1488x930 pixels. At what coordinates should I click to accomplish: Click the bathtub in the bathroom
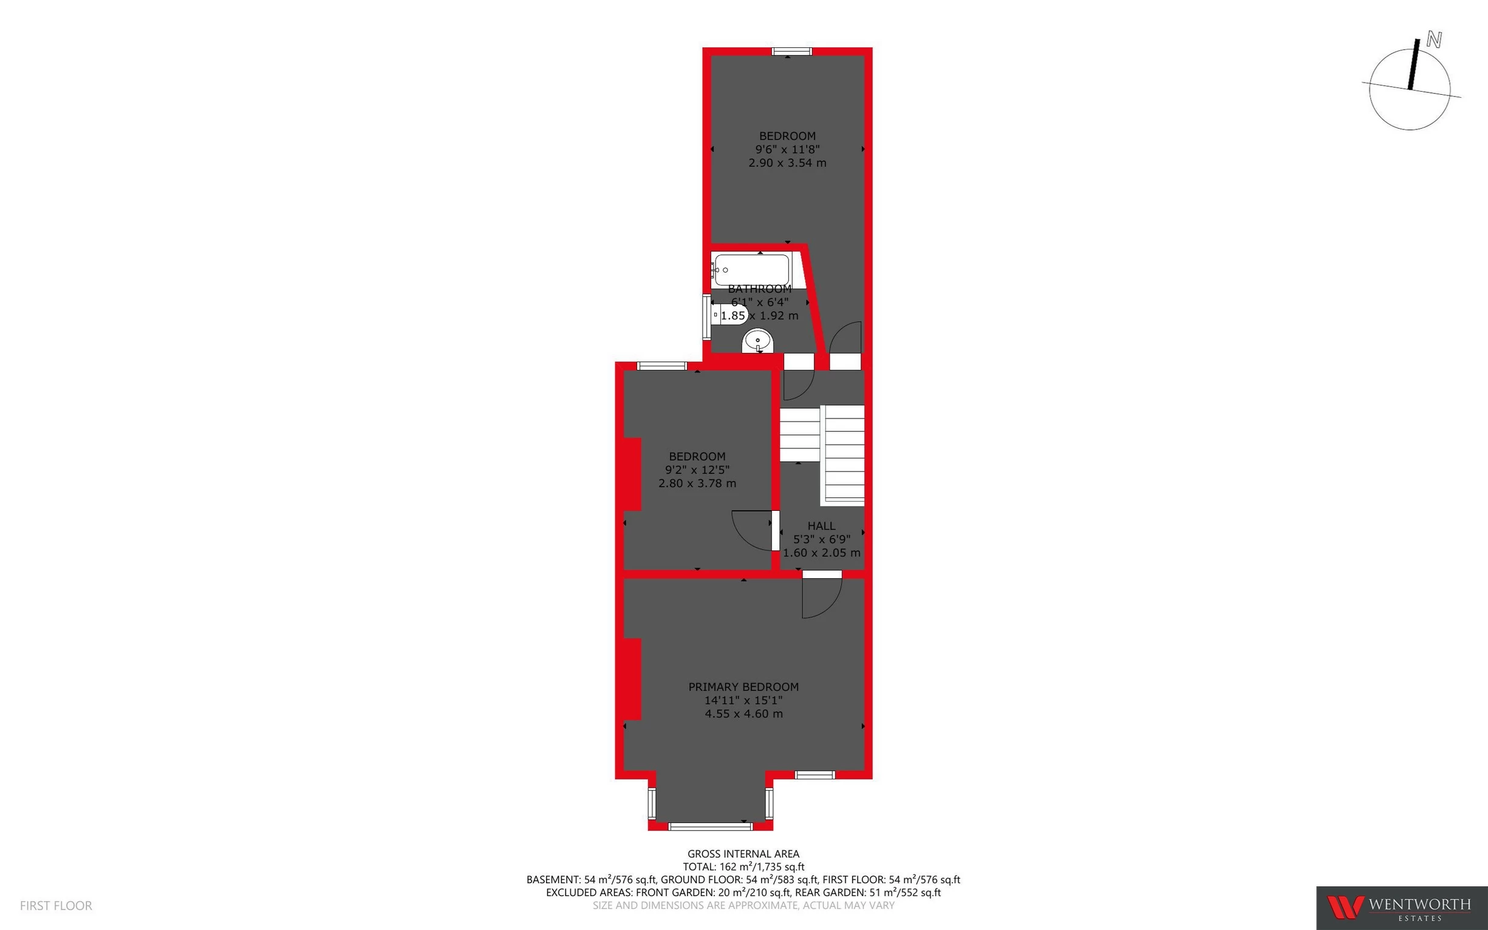point(751,270)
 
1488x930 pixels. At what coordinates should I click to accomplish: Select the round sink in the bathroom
point(757,341)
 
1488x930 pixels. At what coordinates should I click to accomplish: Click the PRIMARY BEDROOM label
point(743,686)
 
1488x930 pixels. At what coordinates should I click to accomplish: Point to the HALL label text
point(821,526)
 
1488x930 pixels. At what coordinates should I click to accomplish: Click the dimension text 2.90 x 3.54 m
point(787,163)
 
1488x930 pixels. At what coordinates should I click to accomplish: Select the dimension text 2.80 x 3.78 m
point(697,484)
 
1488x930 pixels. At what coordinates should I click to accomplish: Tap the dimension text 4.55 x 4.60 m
point(743,714)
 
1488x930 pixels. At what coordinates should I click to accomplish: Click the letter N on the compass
point(1434,41)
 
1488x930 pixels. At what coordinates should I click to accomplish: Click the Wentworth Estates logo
point(1401,908)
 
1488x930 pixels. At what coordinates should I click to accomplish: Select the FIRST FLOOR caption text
point(56,905)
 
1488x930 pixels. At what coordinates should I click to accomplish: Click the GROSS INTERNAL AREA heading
point(743,853)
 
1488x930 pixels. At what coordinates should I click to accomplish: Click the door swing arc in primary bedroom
point(824,600)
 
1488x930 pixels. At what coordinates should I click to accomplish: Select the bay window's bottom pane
point(710,827)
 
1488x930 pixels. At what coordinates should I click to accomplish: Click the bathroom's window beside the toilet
point(706,317)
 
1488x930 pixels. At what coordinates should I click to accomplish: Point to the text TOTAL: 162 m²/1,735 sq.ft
point(743,867)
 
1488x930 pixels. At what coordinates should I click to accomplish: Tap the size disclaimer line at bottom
point(743,905)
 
